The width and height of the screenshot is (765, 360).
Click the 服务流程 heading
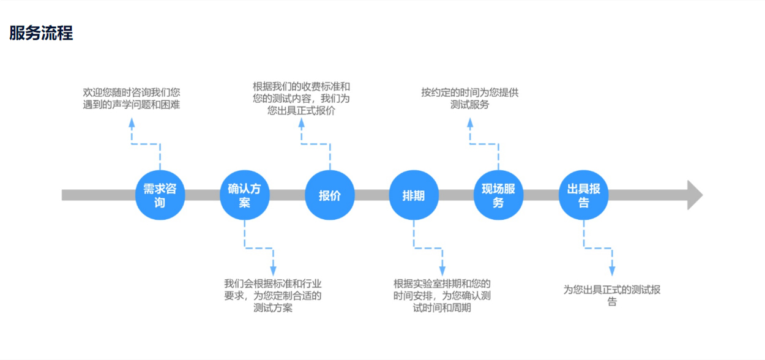point(41,34)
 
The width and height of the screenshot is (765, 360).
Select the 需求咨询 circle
point(160,195)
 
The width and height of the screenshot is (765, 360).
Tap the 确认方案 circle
point(244,195)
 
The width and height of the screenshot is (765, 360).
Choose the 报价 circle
point(329,195)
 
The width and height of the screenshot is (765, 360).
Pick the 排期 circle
point(413,195)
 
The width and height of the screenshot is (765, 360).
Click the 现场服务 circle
point(498,195)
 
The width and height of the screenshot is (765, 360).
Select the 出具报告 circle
point(583,195)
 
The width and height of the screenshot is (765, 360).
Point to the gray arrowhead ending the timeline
point(694,195)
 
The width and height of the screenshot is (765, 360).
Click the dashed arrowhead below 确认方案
point(273,270)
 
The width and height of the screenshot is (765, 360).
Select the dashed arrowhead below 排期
point(442,270)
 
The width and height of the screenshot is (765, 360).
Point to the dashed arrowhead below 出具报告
point(611,270)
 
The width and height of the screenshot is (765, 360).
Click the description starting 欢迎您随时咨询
point(132,99)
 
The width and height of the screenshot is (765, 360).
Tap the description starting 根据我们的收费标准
point(301,99)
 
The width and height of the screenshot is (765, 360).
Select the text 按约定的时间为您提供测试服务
point(470,99)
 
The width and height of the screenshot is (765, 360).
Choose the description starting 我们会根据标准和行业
point(273,296)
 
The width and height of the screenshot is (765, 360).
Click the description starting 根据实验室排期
point(442,296)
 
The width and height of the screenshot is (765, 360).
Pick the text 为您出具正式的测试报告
point(611,295)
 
